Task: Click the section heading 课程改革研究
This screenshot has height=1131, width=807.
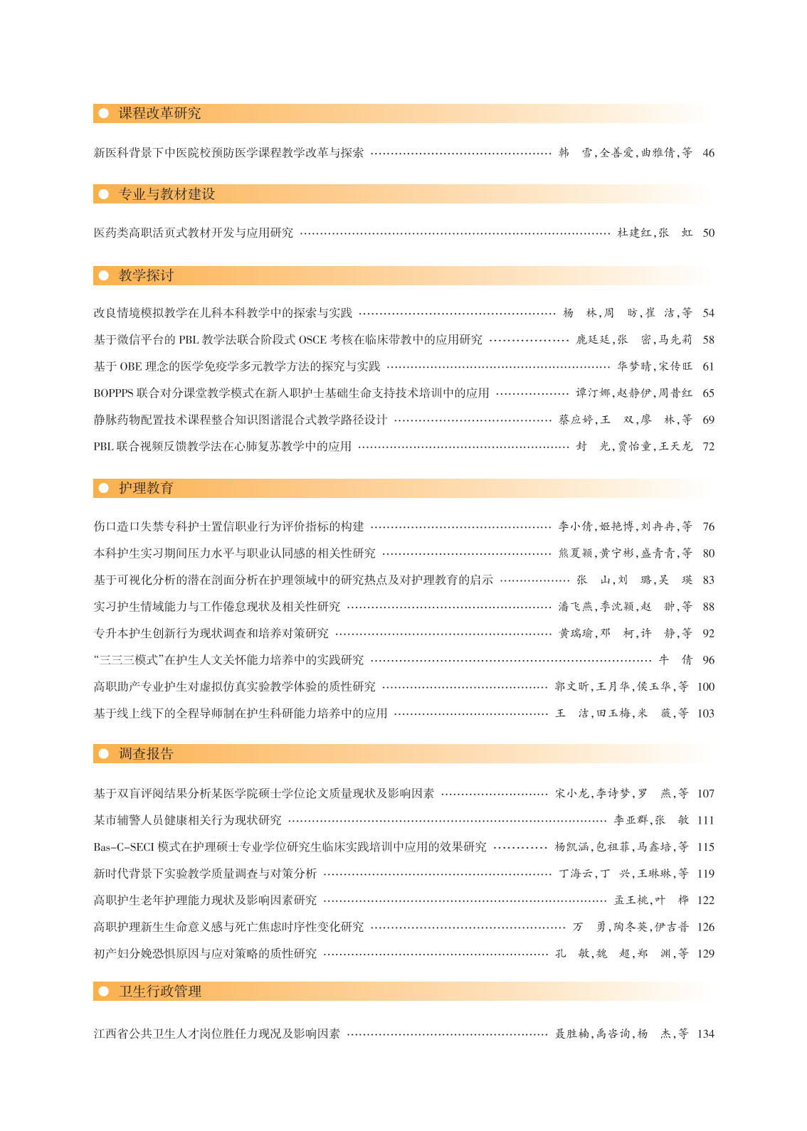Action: pos(159,114)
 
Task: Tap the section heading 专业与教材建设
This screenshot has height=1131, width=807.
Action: pos(167,194)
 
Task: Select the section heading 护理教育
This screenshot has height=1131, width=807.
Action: pos(146,488)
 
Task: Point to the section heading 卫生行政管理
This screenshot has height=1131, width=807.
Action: pos(160,992)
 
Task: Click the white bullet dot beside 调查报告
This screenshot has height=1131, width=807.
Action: pos(104,754)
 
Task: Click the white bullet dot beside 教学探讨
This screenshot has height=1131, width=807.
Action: pos(104,275)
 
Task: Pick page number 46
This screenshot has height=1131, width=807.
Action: pos(708,153)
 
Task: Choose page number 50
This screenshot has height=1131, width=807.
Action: pos(708,233)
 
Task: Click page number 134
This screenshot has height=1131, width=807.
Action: pos(705,1034)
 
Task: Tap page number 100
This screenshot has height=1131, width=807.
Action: pos(705,687)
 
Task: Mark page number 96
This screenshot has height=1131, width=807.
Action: pos(708,660)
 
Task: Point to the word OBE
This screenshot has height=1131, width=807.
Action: pos(131,367)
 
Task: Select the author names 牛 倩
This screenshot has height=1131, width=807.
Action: pos(675,660)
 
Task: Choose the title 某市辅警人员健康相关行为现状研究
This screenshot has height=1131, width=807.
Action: pos(188,820)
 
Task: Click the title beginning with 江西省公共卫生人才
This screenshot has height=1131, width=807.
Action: pos(217,1034)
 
